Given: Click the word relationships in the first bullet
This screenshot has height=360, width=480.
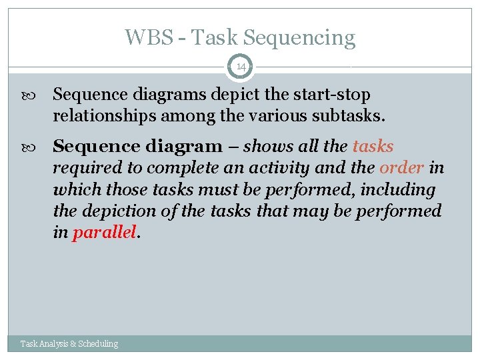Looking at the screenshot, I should (100, 117).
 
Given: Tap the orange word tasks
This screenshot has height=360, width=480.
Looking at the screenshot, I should (373, 146).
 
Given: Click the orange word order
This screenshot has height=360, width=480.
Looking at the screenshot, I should (401, 168).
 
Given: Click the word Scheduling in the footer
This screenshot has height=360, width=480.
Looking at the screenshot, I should (98, 344).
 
